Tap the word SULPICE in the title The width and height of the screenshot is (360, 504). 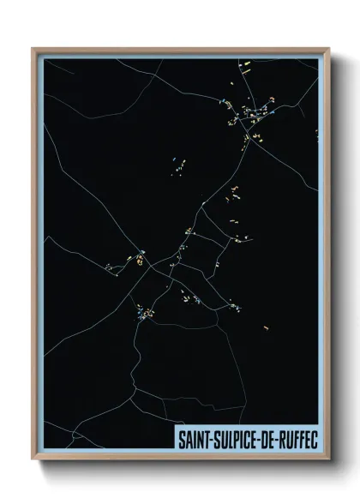tap(233, 438)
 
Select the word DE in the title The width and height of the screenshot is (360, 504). tap(267, 438)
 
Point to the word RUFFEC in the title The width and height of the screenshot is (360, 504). tap(297, 438)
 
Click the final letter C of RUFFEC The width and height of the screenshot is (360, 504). tap(314, 438)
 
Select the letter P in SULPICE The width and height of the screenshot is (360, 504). tap(236, 438)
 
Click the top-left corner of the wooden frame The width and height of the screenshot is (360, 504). tap(33, 49)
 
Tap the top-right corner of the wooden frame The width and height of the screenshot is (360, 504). tap(328, 49)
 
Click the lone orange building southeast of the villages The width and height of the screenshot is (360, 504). tap(267, 327)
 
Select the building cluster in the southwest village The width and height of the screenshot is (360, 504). tap(144, 312)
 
